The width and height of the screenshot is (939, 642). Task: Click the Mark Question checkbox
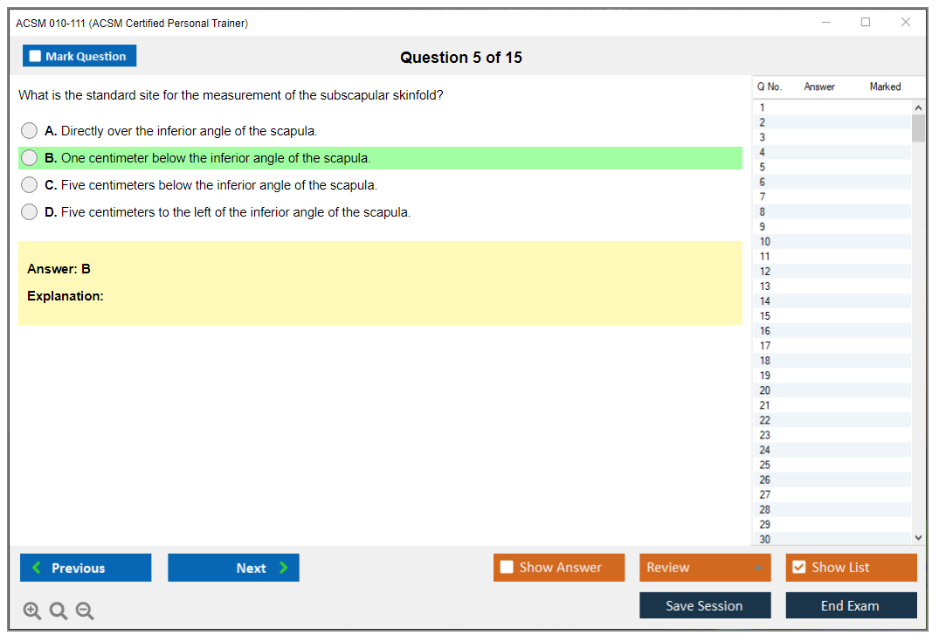[x=35, y=56]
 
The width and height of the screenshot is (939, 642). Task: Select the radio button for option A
[x=30, y=130]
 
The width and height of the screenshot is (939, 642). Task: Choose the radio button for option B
[x=30, y=158]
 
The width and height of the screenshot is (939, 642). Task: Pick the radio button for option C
[x=30, y=185]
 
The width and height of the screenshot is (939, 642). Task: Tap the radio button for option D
[x=30, y=212]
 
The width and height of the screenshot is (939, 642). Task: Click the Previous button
[x=86, y=568]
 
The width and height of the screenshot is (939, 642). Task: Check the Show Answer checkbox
[x=507, y=567]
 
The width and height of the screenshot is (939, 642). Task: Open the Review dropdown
[x=705, y=567]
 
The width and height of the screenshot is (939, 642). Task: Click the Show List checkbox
[x=799, y=567]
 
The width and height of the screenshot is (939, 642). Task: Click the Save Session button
[x=705, y=605]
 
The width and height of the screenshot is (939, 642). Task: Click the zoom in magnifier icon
[x=32, y=611]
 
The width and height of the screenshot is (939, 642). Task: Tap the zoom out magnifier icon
[x=85, y=611]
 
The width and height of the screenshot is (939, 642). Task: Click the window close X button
[x=906, y=22]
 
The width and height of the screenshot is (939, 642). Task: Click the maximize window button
[x=866, y=22]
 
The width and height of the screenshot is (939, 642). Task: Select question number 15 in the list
[x=765, y=316]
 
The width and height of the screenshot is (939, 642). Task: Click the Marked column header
[x=885, y=86]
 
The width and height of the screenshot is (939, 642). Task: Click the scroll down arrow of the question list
[x=919, y=538]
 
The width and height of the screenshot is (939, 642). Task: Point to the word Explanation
[x=66, y=296]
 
